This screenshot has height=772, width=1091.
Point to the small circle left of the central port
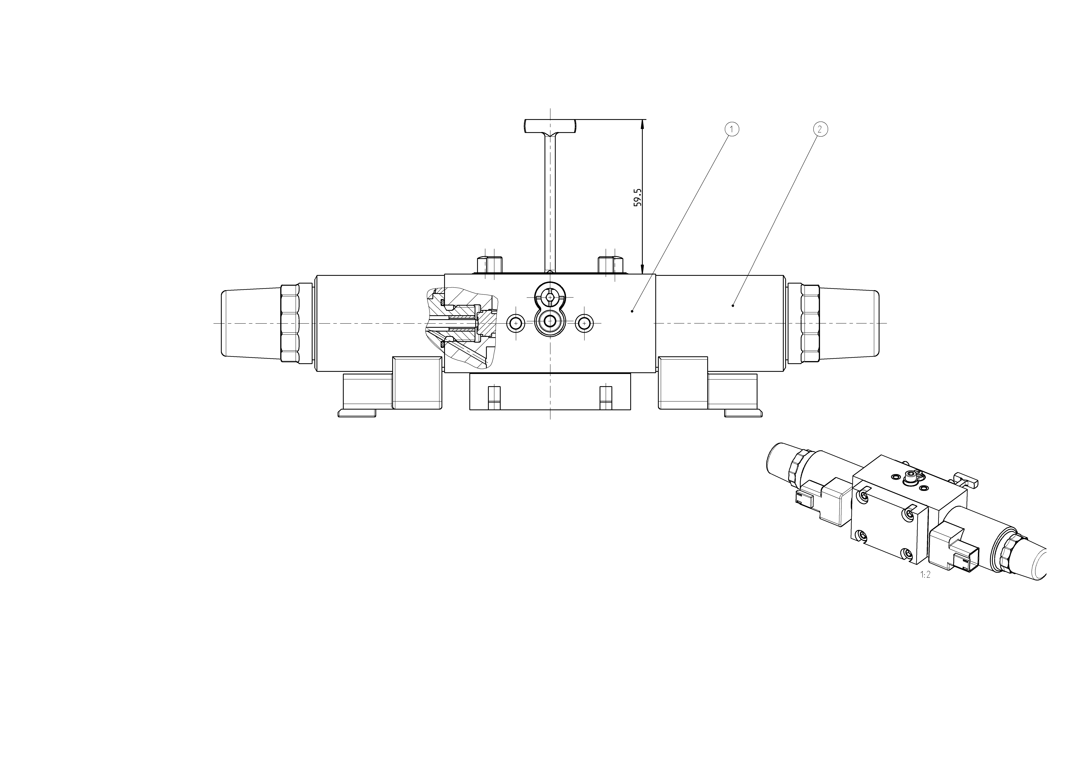pyautogui.click(x=515, y=324)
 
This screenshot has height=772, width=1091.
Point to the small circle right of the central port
pyautogui.click(x=584, y=324)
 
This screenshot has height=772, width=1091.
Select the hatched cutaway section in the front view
pyautogui.click(x=461, y=327)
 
